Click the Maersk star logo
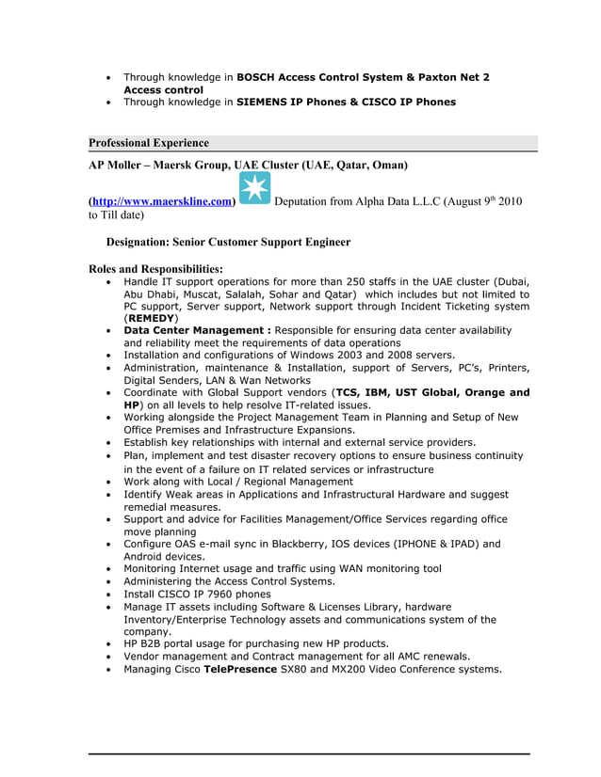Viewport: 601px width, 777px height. pyautogui.click(x=254, y=187)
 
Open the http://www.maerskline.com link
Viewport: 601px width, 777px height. pyautogui.click(x=162, y=202)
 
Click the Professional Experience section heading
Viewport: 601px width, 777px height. pyautogui.click(x=149, y=143)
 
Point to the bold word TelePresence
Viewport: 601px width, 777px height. pyautogui.click(x=240, y=670)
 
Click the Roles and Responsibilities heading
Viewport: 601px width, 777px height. pyautogui.click(x=155, y=269)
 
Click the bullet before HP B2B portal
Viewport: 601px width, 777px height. pyautogui.click(x=111, y=644)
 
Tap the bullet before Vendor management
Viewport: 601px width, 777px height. pyautogui.click(x=111, y=657)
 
